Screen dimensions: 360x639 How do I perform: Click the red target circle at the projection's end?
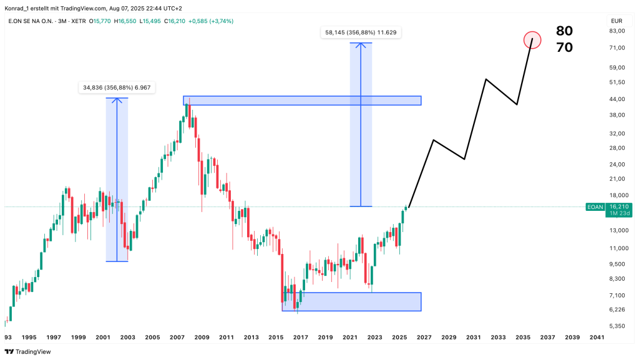(x=532, y=40)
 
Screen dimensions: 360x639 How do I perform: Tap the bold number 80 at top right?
(x=564, y=31)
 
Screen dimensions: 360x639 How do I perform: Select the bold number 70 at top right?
(x=564, y=47)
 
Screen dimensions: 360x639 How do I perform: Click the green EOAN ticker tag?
(x=594, y=207)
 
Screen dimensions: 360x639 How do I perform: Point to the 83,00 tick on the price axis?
(x=617, y=31)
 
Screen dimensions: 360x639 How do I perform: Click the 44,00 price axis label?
(x=617, y=99)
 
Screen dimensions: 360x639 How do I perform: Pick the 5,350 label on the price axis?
(x=617, y=326)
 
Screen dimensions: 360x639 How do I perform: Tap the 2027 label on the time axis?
(x=424, y=338)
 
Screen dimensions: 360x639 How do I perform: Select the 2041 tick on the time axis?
(x=596, y=338)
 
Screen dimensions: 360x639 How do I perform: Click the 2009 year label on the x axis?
(x=202, y=338)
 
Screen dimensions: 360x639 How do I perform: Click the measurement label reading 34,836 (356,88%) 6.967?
(x=117, y=88)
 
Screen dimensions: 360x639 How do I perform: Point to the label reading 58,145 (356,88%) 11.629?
(x=361, y=32)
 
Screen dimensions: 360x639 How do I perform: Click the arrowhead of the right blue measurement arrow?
(x=360, y=44)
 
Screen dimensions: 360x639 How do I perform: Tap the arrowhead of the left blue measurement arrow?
(x=117, y=99)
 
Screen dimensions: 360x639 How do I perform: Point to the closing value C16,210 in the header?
(x=180, y=21)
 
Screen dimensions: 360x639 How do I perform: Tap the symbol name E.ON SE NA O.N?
(x=31, y=21)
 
